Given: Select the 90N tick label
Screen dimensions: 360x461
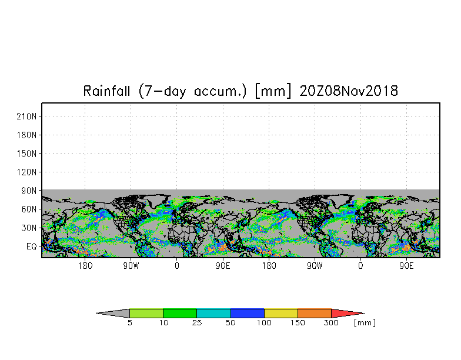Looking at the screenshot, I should pos(30,191).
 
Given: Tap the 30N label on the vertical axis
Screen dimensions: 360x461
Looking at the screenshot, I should pos(30,228).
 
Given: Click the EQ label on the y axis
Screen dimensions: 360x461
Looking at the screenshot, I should pos(32,246).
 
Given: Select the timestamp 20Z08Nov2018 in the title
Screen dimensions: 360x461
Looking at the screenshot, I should pos(349,91).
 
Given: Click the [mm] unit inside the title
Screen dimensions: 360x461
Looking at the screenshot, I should pos(273,91).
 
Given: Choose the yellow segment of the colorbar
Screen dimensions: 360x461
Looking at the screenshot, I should pos(281,313).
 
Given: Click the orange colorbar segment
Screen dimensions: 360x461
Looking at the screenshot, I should pos(315,313).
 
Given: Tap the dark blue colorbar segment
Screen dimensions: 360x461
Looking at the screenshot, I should pos(248,313).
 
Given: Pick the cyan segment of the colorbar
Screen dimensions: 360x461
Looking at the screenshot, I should pos(213,313).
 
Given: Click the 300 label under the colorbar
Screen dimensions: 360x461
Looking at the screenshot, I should pos(332,323).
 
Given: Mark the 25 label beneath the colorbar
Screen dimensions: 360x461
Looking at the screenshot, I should pos(197,323).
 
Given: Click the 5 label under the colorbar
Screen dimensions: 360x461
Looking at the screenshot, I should pos(129,323).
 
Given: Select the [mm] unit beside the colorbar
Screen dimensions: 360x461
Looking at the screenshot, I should pos(365,323).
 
